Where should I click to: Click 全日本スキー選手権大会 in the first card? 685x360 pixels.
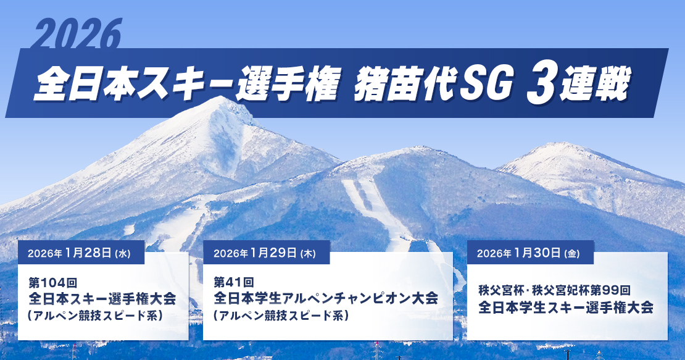pyautogui.click(x=102, y=299)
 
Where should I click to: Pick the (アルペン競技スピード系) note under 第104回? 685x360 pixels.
pyautogui.click(x=96, y=316)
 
